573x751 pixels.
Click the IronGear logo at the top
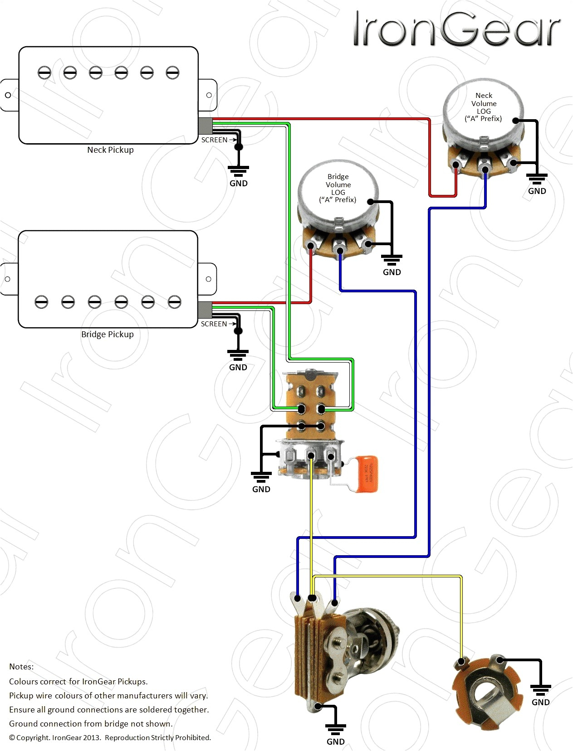pos(456,29)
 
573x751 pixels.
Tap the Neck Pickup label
pos(110,150)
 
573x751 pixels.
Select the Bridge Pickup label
pos(107,334)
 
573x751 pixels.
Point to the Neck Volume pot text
pos(484,107)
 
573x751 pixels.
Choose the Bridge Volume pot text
pos(338,188)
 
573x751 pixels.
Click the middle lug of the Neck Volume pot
pos(485,169)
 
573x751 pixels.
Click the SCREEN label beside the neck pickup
pos(214,140)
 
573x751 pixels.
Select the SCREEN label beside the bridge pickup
pos(214,324)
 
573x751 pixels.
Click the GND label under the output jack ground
pos(540,702)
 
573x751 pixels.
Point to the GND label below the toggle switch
pos(261,489)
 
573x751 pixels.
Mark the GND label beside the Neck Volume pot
pos(537,191)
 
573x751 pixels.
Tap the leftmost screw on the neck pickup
pos(44,73)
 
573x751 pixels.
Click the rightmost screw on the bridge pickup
pos(174,302)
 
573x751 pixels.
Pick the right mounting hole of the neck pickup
pos(209,95)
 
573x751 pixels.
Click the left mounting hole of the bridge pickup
pos(7,279)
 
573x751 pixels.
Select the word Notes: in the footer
pos(21,667)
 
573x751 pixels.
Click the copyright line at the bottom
pos(110,738)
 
